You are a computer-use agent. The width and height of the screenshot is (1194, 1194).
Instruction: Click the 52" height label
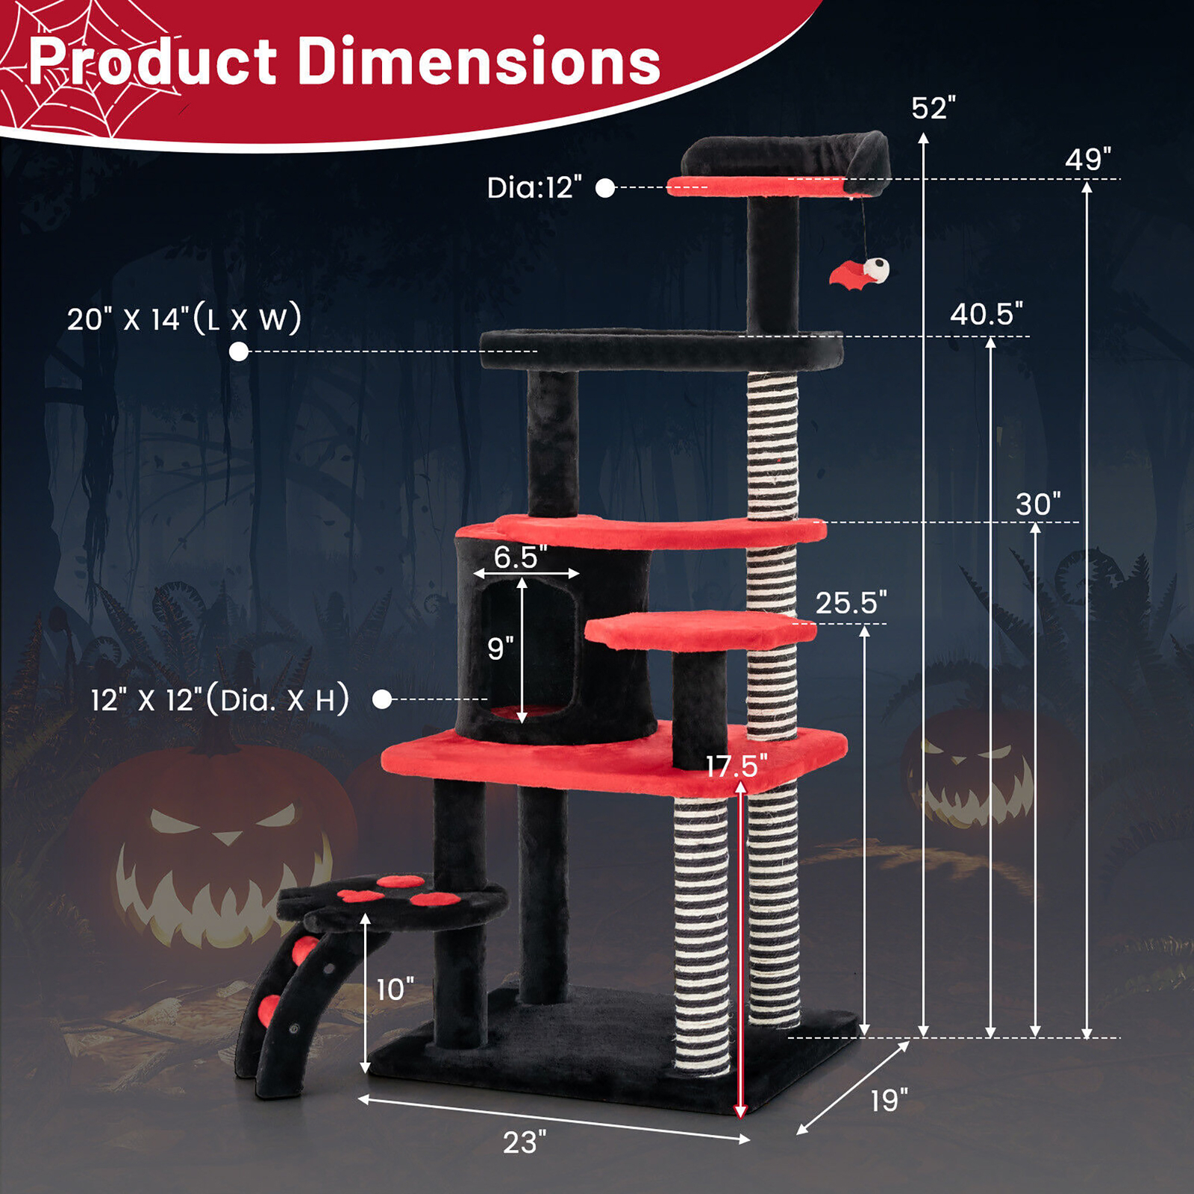point(933,109)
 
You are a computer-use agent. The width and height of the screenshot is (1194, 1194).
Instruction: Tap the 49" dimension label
point(1087,159)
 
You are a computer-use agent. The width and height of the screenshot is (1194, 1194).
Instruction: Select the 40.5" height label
point(986,314)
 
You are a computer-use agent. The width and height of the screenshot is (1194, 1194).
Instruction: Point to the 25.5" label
point(851,602)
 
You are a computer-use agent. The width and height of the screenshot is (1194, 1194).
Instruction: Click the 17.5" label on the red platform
point(737,766)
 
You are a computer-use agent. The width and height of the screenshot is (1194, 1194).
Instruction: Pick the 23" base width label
point(524,1143)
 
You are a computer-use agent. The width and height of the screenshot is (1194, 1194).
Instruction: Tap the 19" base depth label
point(889,1101)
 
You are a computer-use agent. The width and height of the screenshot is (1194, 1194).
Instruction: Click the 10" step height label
point(395,990)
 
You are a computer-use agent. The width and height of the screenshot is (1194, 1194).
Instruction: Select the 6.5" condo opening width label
point(520,557)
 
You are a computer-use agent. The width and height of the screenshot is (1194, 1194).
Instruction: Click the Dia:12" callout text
point(534,188)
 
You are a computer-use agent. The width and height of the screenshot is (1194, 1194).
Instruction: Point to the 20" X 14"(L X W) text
point(184,319)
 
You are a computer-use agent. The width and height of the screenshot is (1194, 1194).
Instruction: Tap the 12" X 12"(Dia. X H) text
point(220,701)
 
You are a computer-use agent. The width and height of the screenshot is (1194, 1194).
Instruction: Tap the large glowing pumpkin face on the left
point(216,851)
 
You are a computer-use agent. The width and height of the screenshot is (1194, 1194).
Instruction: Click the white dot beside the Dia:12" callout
point(605,188)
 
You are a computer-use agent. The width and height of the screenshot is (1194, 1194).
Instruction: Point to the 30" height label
point(1037,504)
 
